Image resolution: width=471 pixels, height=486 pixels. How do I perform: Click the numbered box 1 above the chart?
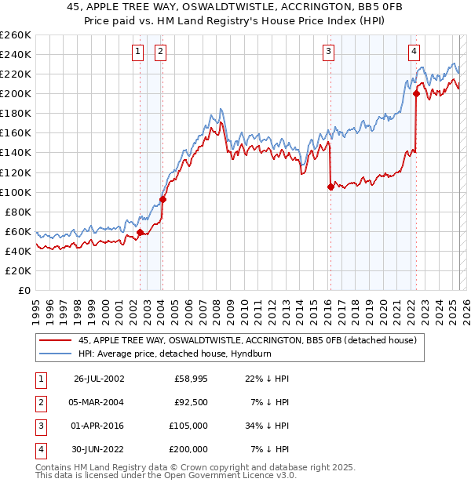137,53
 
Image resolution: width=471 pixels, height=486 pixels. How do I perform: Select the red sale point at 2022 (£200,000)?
416,93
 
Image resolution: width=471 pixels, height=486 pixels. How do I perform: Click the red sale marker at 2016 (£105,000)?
330,187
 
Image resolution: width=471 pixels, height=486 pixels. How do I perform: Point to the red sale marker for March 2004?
162,199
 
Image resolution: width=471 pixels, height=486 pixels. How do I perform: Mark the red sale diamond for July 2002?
141,232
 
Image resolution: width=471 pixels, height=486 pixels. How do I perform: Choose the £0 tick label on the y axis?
24,290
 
